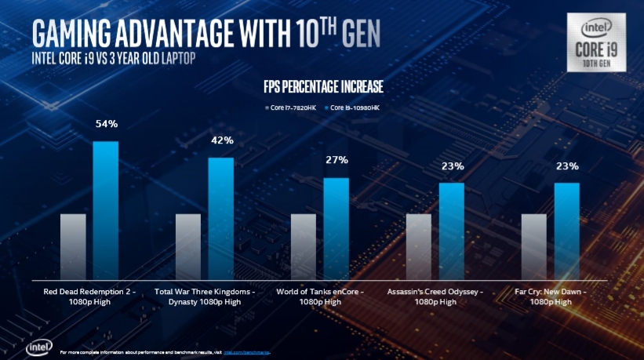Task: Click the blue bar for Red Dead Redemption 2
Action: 105,210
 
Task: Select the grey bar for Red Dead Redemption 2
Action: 73,246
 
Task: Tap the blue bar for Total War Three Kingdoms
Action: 220,218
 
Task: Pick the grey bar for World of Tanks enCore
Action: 304,246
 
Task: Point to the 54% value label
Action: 107,124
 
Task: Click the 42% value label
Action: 222,140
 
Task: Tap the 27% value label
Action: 337,160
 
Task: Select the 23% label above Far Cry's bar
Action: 568,165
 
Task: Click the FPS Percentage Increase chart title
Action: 322,85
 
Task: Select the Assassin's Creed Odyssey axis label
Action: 435,296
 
